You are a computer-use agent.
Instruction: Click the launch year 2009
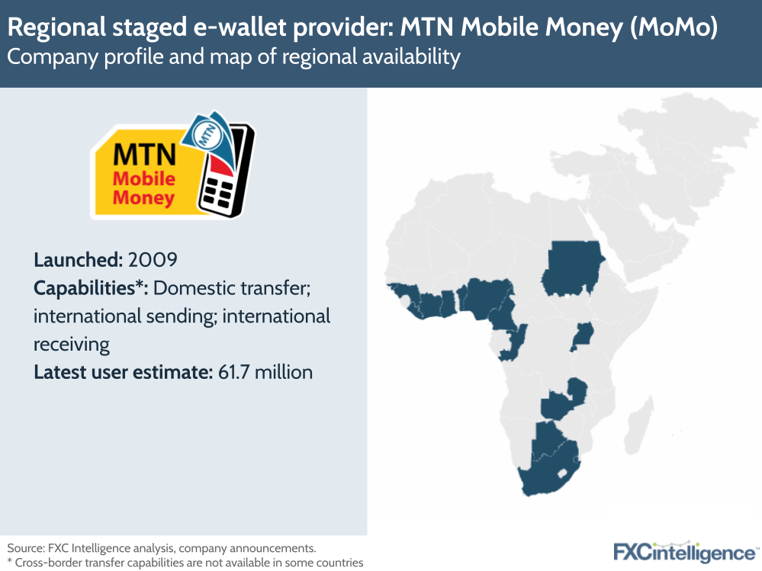point(153,259)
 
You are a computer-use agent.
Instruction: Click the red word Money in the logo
point(143,198)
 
